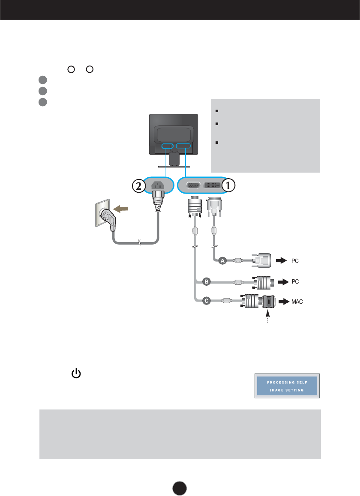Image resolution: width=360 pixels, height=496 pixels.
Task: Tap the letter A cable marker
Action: point(222,261)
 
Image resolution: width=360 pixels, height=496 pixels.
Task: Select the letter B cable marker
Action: point(206,282)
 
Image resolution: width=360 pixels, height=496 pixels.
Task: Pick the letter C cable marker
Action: point(206,301)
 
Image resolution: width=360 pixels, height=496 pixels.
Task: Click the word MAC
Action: point(297,302)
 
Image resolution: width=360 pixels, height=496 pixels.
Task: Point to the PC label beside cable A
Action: point(295,260)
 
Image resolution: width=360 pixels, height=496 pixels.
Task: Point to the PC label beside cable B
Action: point(295,282)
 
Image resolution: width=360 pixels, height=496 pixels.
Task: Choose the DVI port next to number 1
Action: point(213,186)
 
